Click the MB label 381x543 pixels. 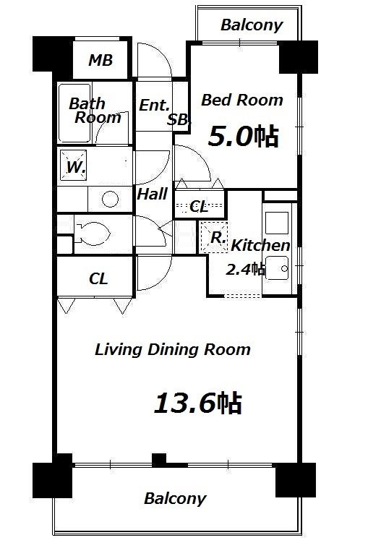coord(100,60)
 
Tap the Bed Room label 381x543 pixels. coord(242,100)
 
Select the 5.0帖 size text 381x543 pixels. coord(243,137)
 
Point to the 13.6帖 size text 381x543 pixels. coord(197,403)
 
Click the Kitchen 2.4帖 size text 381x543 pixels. coord(246,269)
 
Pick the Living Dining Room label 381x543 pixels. coord(173,349)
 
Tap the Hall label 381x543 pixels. coord(153,194)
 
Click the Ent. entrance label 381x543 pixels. coord(155,106)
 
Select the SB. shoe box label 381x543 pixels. coord(178,120)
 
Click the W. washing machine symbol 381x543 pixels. coord(73,165)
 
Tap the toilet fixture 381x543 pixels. coord(92,234)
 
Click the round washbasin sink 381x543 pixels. coord(110,199)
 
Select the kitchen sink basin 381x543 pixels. coord(277,268)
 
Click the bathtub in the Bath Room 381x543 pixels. coord(74,114)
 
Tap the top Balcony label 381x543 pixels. coord(252,25)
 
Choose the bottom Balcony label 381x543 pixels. coord(175,499)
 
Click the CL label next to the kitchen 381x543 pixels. coord(199,207)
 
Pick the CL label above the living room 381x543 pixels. coord(98,279)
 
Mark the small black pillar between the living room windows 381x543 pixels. coord(159,460)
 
